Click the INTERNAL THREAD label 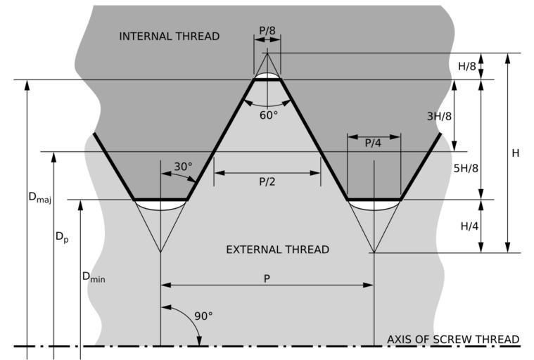(170, 36)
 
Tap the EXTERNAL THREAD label (277, 250)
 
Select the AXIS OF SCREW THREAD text (453, 340)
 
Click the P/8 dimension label (267, 30)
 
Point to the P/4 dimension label (373, 143)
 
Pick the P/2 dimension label (267, 181)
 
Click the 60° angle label (268, 114)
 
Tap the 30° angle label (183, 167)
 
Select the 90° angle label (203, 316)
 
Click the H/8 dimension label (466, 67)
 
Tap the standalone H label (516, 153)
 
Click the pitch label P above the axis (267, 278)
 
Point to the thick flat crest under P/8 (267, 79)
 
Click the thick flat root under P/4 (374, 200)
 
